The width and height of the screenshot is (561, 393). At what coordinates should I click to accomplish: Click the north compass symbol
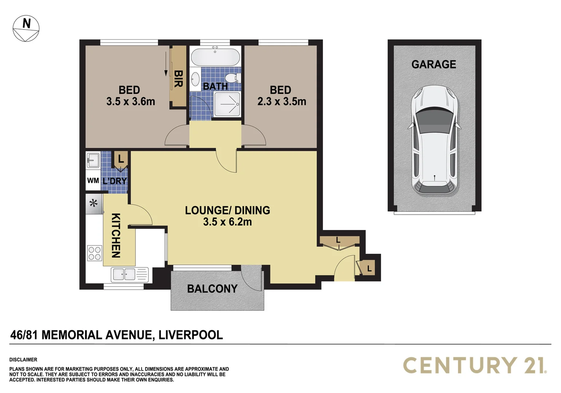coord(26,28)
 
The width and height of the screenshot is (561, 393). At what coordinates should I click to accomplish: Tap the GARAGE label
coord(434,64)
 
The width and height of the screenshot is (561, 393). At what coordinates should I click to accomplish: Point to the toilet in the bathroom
coord(233,78)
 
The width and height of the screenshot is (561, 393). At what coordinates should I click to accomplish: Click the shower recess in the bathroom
coord(227,104)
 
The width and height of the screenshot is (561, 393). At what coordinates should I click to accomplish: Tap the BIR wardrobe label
coord(178,79)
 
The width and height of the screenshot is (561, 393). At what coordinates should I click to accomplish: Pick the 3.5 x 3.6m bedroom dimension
coord(130,102)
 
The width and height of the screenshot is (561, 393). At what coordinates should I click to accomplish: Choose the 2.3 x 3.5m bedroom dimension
coord(281,102)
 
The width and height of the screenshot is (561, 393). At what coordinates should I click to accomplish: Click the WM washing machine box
coord(93,180)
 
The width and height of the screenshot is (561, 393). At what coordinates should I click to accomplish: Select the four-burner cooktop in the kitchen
coord(95,253)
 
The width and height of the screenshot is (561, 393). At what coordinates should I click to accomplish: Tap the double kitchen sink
coord(130,274)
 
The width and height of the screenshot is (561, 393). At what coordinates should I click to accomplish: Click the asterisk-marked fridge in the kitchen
coord(94,204)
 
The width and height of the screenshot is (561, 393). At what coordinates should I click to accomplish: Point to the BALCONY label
coord(212,289)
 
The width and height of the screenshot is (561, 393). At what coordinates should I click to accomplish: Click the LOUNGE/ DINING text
coord(228,210)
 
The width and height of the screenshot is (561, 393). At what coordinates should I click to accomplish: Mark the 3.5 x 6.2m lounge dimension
coord(228,222)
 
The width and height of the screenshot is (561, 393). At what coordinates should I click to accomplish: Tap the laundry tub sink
coord(93,160)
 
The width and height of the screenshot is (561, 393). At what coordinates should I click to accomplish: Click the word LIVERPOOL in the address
coord(191,335)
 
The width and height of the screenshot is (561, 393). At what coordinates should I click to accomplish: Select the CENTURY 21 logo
coord(475,365)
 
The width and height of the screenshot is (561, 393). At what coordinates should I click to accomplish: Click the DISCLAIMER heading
coord(23,360)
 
